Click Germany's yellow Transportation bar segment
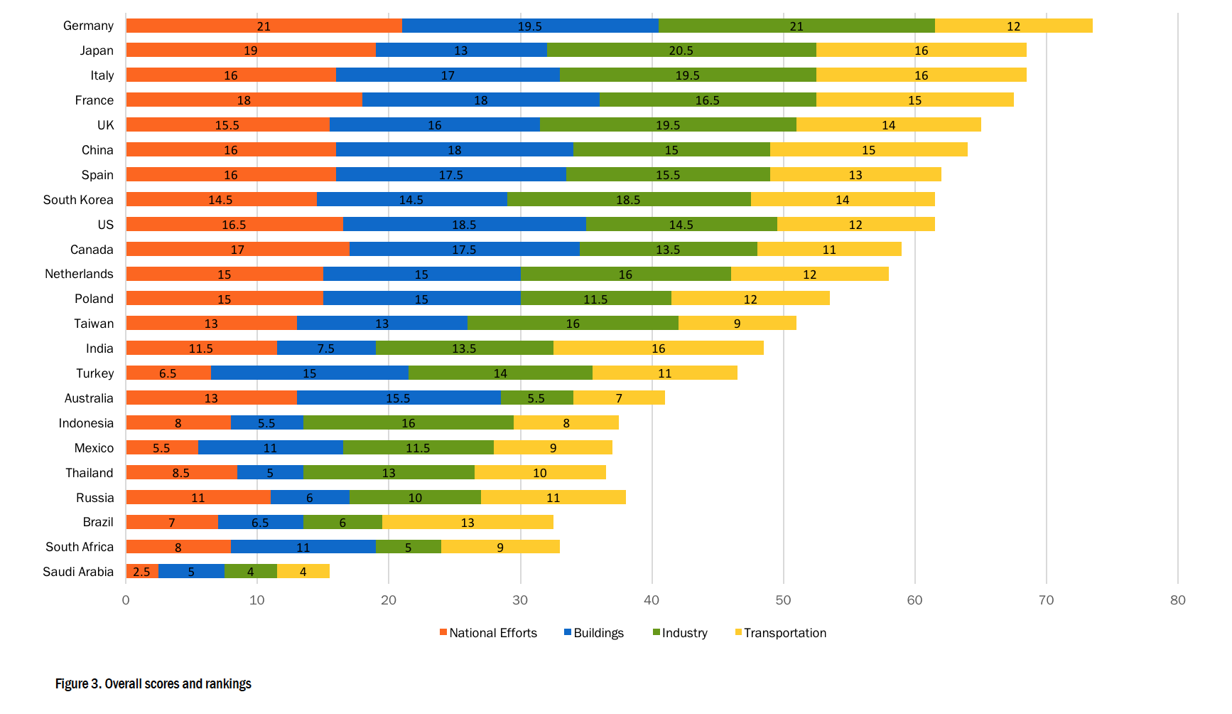click(x=1013, y=26)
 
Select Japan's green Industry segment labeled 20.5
click(x=681, y=50)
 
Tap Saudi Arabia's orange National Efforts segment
click(x=141, y=572)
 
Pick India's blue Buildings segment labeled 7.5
click(x=325, y=348)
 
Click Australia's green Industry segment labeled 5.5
click(x=536, y=398)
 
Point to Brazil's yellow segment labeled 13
click(x=467, y=523)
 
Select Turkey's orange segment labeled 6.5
click(x=168, y=373)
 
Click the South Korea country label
click(x=77, y=200)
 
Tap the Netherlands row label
click(x=78, y=274)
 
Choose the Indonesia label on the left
click(x=85, y=423)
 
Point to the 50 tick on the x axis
click(x=783, y=600)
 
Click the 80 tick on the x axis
click(x=1177, y=600)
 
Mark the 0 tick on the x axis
click(x=126, y=600)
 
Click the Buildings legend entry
click(x=598, y=633)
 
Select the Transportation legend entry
click(x=784, y=633)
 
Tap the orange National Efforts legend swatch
click(x=443, y=632)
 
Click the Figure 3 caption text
click(x=153, y=684)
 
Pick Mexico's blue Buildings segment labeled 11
click(x=270, y=448)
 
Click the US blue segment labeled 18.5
click(x=464, y=225)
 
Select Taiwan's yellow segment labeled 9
click(x=737, y=324)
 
